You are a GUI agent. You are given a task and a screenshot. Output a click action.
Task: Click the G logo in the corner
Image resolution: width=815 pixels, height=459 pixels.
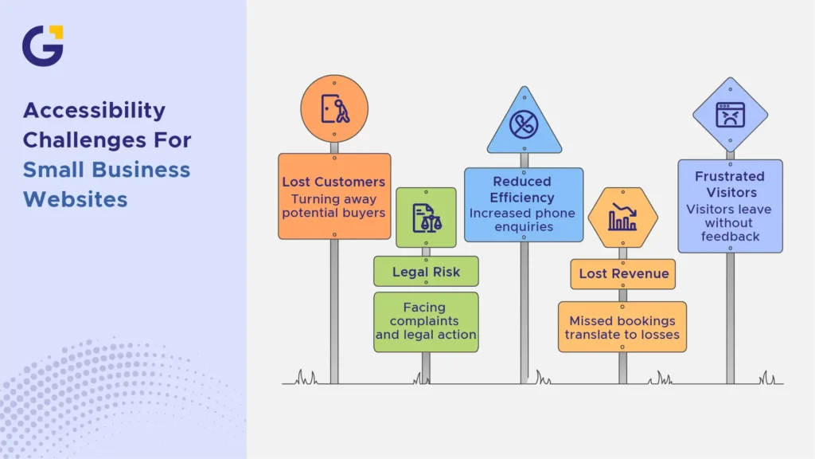[x=43, y=45]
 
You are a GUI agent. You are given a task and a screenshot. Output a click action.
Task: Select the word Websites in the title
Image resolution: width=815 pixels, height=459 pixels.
[x=76, y=199]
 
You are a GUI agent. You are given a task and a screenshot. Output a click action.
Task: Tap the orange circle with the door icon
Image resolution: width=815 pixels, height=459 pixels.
[x=334, y=108]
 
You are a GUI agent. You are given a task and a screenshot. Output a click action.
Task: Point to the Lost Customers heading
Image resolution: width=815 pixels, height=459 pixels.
[x=333, y=182]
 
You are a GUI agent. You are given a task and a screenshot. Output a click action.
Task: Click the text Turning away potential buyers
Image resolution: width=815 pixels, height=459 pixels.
[x=333, y=206]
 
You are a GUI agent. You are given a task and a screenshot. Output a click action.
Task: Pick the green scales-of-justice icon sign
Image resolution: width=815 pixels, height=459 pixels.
[x=427, y=218]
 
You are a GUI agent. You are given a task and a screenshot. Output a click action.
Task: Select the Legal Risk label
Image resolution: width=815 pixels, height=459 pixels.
[x=427, y=271]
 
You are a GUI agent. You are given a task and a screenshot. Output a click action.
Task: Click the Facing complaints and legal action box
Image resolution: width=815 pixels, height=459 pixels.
[x=427, y=322]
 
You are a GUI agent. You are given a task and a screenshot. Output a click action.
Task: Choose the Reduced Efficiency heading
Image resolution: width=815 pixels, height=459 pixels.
[x=522, y=190]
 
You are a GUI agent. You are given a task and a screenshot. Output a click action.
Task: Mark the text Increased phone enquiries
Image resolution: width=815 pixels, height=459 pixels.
[x=523, y=220]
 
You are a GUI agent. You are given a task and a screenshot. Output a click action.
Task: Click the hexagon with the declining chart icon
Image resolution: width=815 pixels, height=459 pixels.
[x=622, y=218]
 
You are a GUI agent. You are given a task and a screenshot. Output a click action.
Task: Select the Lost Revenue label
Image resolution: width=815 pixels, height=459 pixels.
[x=623, y=274]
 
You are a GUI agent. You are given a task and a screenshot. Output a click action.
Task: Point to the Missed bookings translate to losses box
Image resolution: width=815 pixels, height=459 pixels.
[x=622, y=327]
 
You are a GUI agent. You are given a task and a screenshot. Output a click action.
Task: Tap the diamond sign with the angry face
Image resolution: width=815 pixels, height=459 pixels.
[x=731, y=115]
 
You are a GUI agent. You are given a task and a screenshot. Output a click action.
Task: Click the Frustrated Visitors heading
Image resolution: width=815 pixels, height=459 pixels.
[x=731, y=184]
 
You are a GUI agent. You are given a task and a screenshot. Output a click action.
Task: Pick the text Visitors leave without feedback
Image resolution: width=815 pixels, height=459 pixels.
[x=730, y=223]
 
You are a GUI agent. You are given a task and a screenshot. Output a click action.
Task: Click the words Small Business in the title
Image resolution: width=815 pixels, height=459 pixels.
[x=107, y=171]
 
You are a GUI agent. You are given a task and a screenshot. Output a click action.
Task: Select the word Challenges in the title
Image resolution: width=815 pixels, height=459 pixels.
[x=81, y=140]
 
